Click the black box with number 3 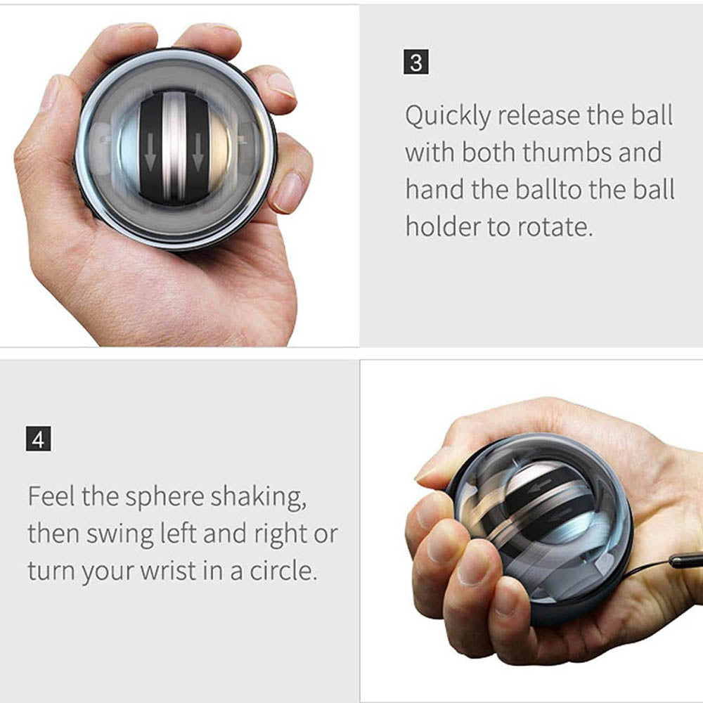(416, 63)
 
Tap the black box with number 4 (38, 441)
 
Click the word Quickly (446, 116)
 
